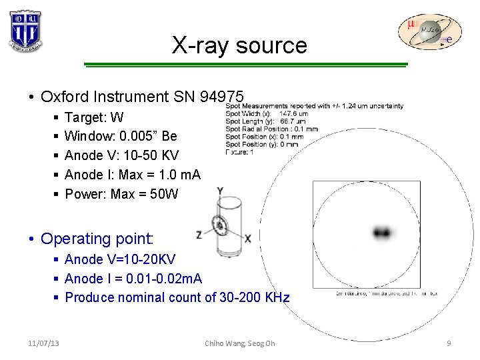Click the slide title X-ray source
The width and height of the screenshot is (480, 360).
coord(239,45)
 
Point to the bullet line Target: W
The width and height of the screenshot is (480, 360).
coord(94,118)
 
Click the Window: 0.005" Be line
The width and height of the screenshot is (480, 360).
coord(121,137)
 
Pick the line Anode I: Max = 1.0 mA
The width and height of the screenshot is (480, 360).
coord(132,175)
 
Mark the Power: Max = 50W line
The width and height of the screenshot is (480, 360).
coord(121,194)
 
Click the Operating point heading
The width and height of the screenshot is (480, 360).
coord(97,239)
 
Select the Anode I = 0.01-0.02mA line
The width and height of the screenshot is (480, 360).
coord(133,278)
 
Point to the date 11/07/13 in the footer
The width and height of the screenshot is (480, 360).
coord(43,343)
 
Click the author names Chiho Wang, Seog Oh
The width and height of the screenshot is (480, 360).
coord(240,343)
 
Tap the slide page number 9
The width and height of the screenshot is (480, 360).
coord(449,343)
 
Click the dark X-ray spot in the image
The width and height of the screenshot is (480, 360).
coord(382,233)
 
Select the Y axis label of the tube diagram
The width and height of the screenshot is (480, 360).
coord(219,191)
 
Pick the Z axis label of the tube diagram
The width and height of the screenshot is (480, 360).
coord(199,235)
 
